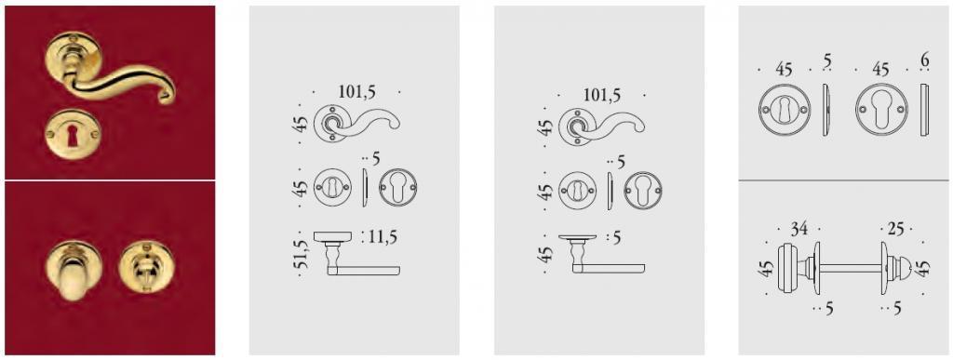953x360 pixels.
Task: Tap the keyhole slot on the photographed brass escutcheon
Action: [x=74, y=137]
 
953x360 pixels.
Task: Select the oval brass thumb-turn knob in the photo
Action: [x=74, y=272]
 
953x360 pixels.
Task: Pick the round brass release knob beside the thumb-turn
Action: [x=143, y=268]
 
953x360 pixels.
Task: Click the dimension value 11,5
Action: [x=383, y=237]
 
